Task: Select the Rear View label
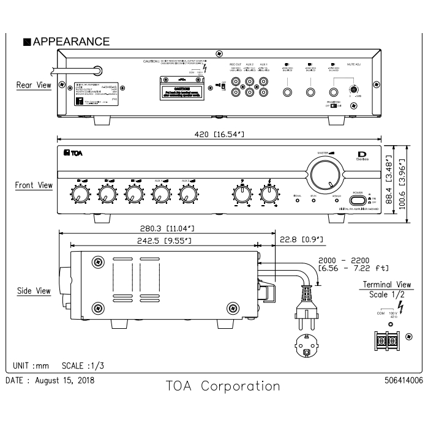34,86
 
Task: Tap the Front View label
34,184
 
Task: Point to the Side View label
34,291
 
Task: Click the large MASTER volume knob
325,174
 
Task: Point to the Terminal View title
387,284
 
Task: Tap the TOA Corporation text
223,386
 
